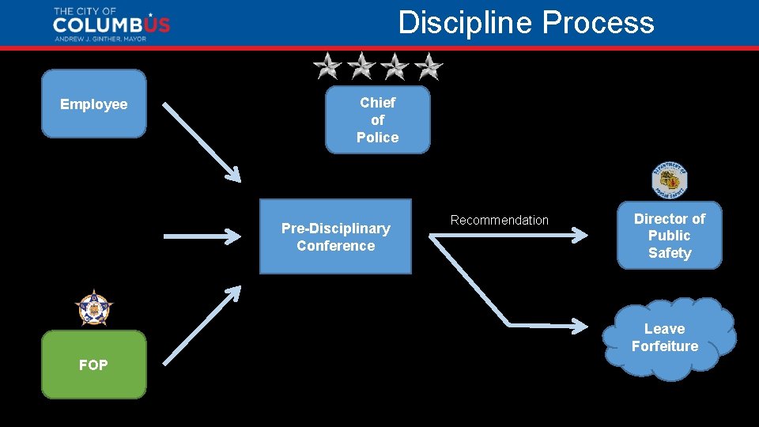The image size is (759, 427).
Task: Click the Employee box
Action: pyautogui.click(x=93, y=104)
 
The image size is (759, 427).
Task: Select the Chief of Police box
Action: pyautogui.click(x=377, y=119)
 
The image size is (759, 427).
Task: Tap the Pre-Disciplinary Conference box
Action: pyautogui.click(x=335, y=236)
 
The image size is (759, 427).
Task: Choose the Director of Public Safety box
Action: pyautogui.click(x=669, y=236)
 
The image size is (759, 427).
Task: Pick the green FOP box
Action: pyautogui.click(x=93, y=365)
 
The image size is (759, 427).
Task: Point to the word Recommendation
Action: pyautogui.click(x=499, y=220)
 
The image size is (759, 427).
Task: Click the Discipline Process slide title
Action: pyautogui.click(x=526, y=22)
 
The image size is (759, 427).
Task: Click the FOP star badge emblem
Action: pyautogui.click(x=93, y=308)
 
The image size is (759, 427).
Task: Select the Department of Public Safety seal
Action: pyautogui.click(x=669, y=181)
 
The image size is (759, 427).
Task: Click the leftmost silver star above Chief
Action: pyautogui.click(x=327, y=66)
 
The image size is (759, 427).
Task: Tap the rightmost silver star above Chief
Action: pyautogui.click(x=429, y=66)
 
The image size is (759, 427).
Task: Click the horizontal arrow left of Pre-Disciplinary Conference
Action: pyautogui.click(x=202, y=236)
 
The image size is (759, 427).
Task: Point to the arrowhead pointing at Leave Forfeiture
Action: pyautogui.click(x=580, y=325)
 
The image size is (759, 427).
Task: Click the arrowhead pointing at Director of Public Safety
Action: pyautogui.click(x=580, y=235)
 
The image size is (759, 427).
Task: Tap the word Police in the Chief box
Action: pyautogui.click(x=377, y=138)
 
